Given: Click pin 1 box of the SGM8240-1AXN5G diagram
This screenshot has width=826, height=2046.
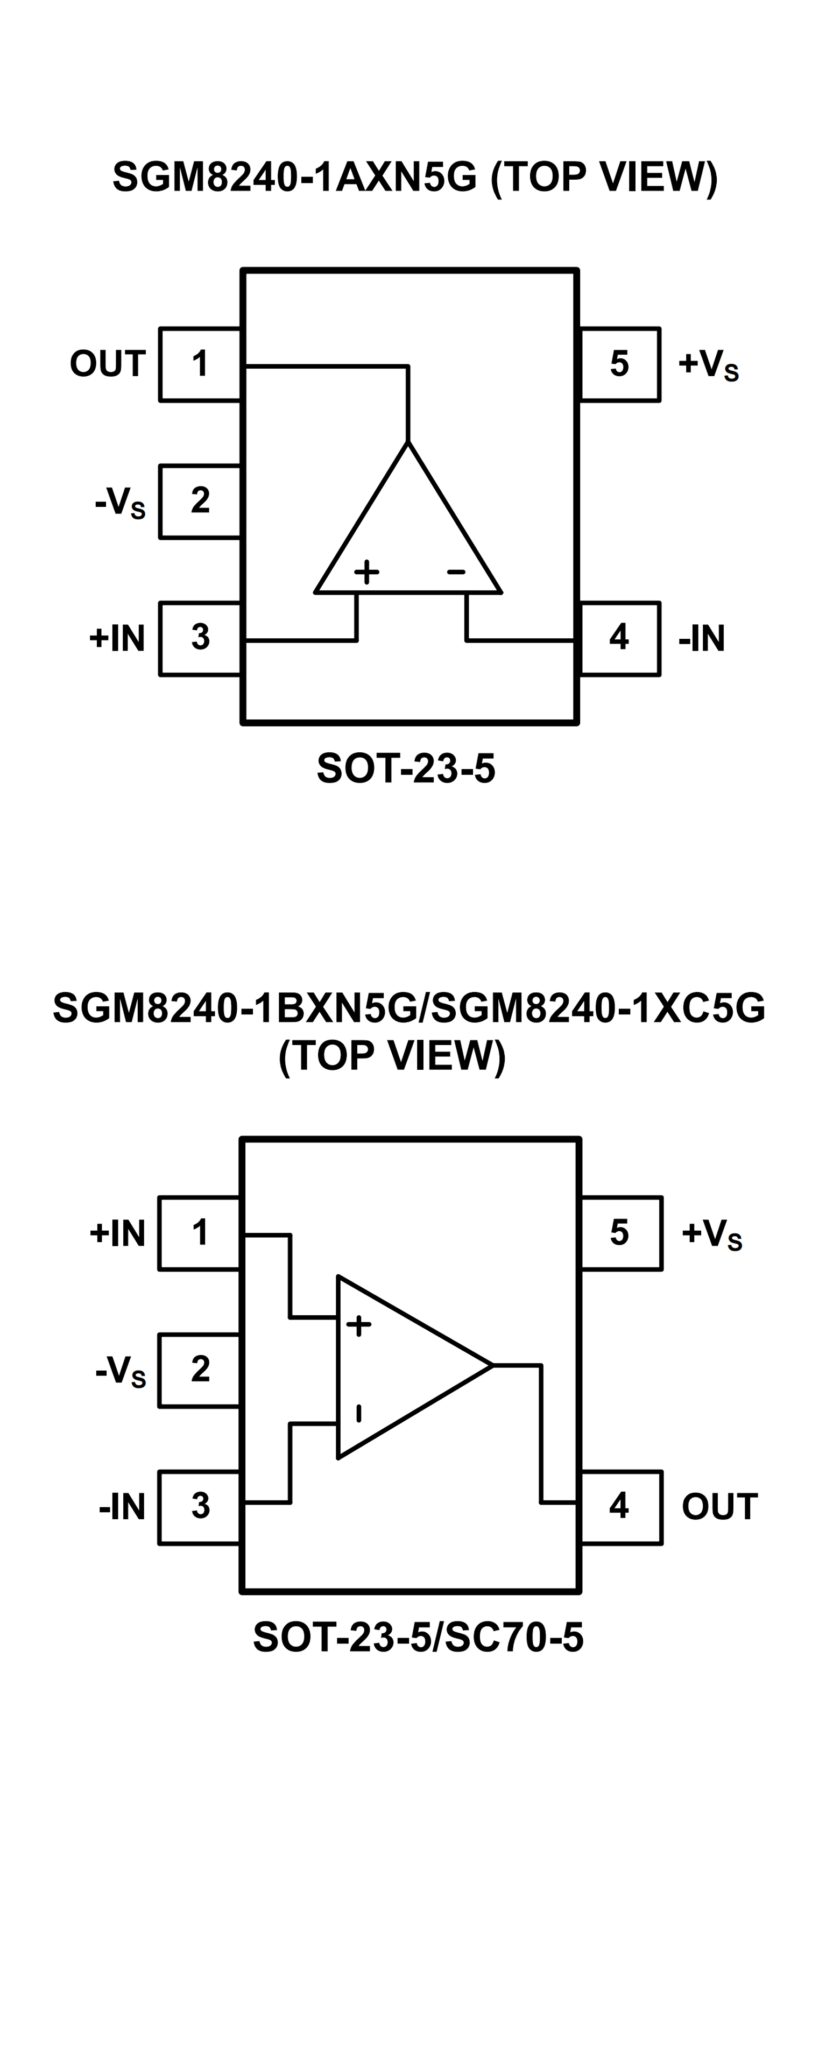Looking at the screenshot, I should click(x=199, y=364).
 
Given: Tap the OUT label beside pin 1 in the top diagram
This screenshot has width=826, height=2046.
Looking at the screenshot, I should click(x=107, y=364).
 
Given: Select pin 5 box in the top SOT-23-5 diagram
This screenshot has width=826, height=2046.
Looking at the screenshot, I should click(x=619, y=364).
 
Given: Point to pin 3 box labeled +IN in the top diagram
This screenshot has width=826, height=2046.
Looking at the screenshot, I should click(x=199, y=639).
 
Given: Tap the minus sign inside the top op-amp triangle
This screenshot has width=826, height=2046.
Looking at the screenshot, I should click(x=456, y=571).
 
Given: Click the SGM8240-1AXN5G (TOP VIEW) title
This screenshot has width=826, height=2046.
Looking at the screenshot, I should click(x=414, y=177).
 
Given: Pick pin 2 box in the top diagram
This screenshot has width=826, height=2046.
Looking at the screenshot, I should click(x=199, y=501).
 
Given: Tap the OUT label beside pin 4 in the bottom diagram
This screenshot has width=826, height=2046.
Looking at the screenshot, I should click(x=719, y=1507).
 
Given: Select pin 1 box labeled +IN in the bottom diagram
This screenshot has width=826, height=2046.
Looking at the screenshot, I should click(x=199, y=1233).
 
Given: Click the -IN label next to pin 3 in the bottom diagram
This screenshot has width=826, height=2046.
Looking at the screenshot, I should click(x=122, y=1507).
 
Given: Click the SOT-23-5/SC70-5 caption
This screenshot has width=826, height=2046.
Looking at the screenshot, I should click(x=418, y=1637).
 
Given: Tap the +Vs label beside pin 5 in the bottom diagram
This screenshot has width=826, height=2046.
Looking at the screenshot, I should click(x=711, y=1233).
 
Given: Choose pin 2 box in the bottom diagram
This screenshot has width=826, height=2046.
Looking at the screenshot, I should click(x=199, y=1370).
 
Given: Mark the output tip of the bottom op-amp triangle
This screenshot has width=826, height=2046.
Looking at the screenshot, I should click(x=492, y=1365).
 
